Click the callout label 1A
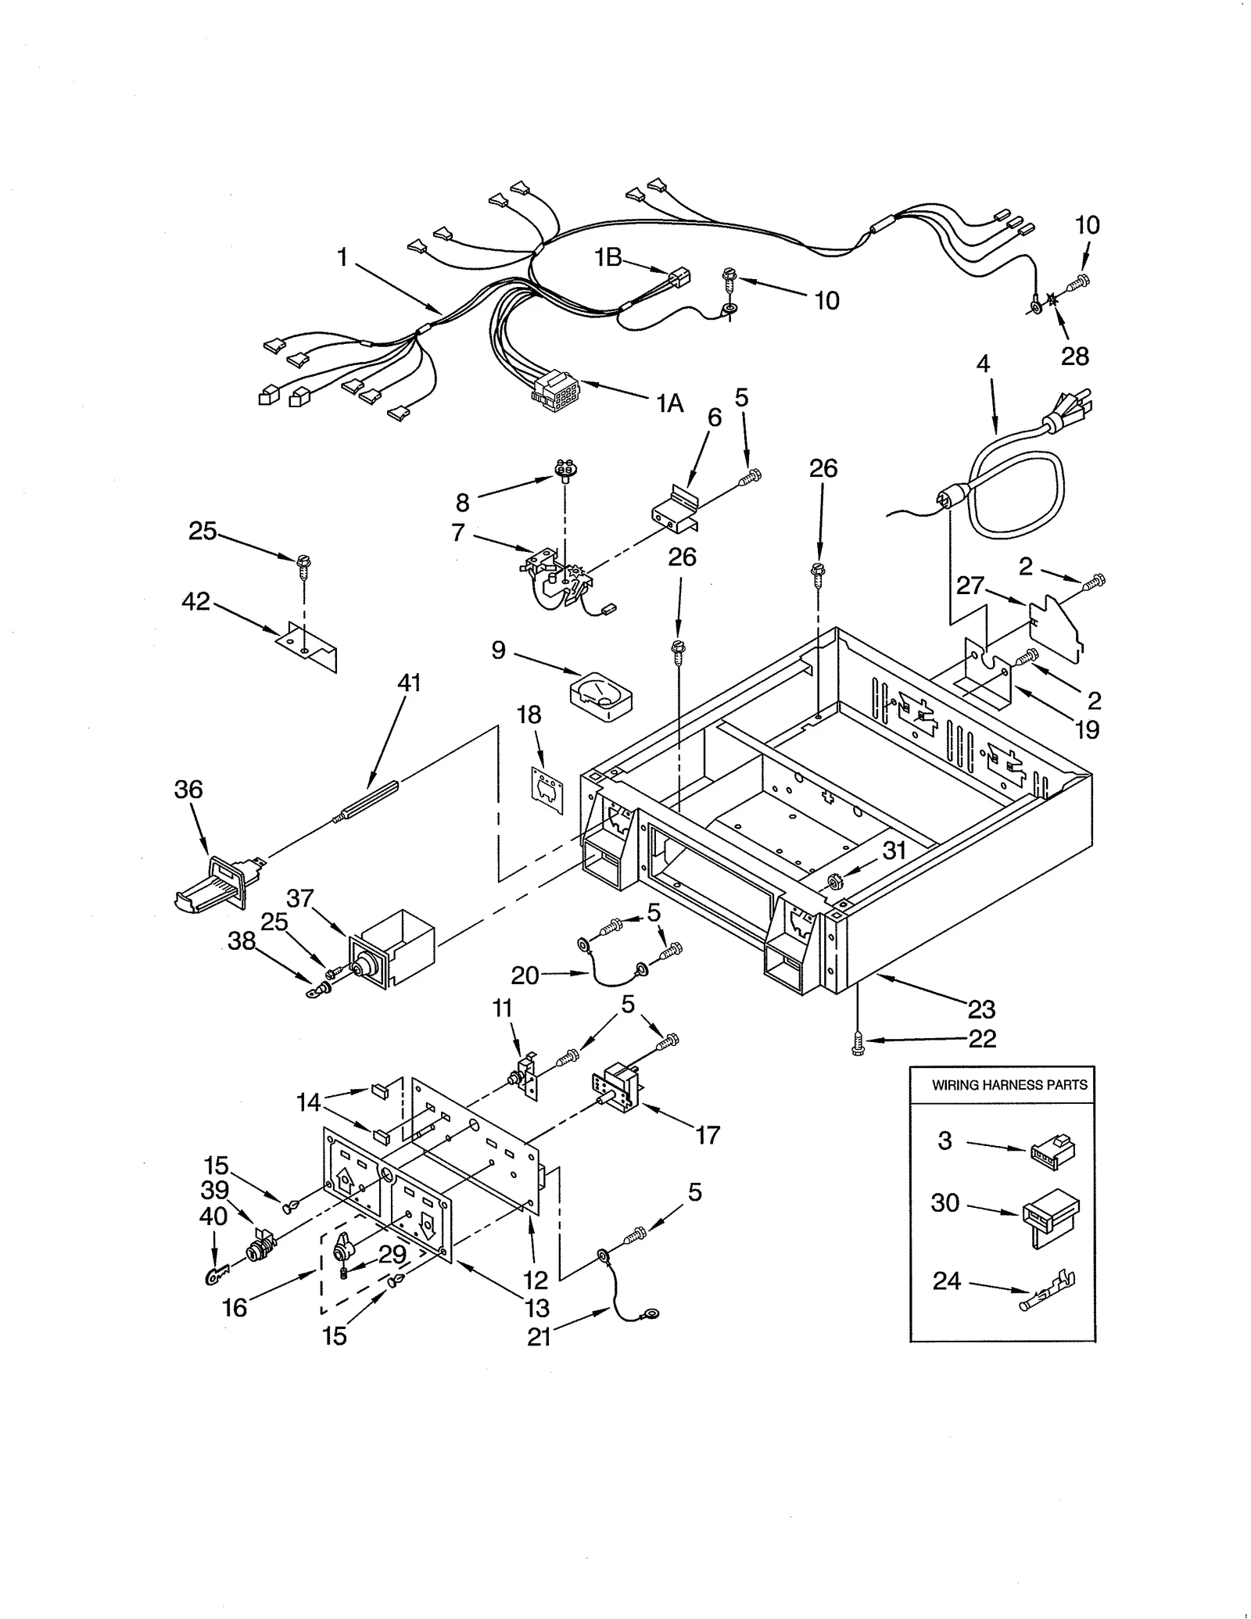(669, 403)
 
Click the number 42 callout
(195, 601)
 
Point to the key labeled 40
(216, 1276)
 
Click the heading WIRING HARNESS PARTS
(1009, 1085)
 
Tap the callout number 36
(188, 790)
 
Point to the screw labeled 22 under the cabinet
(858, 1042)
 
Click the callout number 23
(981, 1009)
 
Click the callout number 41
(409, 682)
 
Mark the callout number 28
(1075, 356)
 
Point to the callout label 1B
(608, 256)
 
